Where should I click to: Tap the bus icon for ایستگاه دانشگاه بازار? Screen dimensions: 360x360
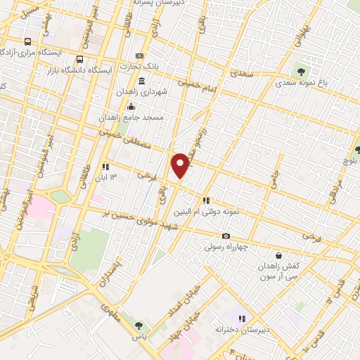[x=79, y=59]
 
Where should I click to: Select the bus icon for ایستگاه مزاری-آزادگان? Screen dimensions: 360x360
[x=27, y=41]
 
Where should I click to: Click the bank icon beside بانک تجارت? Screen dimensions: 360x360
[x=139, y=56]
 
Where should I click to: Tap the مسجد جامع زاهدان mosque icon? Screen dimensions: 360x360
[x=130, y=106]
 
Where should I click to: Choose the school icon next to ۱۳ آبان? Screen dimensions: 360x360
[x=105, y=167]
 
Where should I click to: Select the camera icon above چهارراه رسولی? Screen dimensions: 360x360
[x=226, y=236]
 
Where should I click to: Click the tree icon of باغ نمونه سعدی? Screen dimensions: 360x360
[x=302, y=70]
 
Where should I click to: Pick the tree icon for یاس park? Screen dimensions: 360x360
[x=138, y=325]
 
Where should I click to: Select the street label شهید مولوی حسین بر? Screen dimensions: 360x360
[x=145, y=217]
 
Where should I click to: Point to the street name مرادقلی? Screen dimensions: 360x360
[x=337, y=190]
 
